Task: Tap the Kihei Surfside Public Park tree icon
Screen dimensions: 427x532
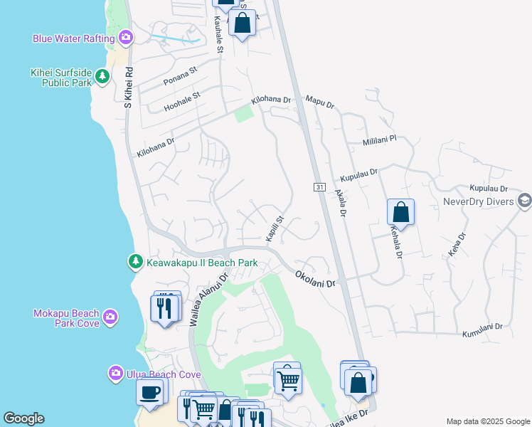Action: (x=102, y=76)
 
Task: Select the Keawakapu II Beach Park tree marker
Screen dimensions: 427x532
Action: (x=135, y=263)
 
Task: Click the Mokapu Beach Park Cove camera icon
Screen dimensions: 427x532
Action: (x=110, y=317)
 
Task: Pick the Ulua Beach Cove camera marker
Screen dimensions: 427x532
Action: (x=115, y=373)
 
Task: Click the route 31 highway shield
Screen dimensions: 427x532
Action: (x=319, y=186)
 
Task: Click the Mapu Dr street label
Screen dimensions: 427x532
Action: (x=319, y=103)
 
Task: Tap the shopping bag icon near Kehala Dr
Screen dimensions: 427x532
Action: (x=400, y=212)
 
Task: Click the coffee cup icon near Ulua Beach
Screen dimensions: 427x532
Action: (x=149, y=392)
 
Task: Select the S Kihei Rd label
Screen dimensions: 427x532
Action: (x=129, y=88)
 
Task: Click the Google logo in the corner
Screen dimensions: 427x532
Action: (x=23, y=418)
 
